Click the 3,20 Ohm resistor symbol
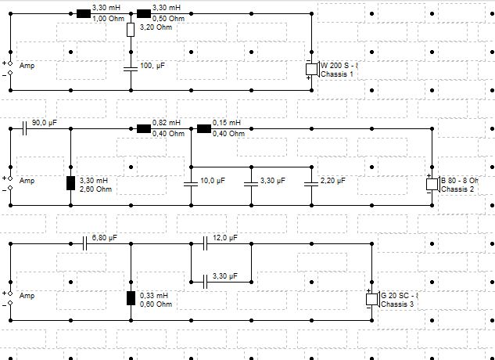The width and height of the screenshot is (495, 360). coord(131,30)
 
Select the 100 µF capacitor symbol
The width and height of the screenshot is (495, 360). coord(131,69)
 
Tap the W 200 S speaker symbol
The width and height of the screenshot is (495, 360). coord(313,69)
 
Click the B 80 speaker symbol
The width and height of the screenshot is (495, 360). coord(432,184)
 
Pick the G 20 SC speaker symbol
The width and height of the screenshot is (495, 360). coord(373,299)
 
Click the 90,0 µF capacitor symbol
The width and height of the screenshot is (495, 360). coord(24,128)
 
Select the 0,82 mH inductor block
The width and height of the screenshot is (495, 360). coord(144,128)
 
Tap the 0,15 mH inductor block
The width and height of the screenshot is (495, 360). coord(204,128)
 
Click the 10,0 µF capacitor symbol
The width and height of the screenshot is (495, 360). coord(191,184)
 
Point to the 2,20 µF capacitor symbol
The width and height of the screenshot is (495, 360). coord(311,184)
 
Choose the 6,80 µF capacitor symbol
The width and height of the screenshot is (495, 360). coord(84,243)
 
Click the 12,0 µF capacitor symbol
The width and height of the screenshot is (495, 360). coord(205,243)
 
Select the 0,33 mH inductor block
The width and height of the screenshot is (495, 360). coord(131,298)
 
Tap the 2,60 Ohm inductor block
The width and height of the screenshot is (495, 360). coord(70,183)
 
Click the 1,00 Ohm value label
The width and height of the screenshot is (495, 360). coord(108,19)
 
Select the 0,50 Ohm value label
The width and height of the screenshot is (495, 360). coord(169,19)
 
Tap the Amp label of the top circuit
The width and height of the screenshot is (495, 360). coord(27,66)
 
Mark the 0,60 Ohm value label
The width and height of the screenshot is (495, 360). coord(156,304)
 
